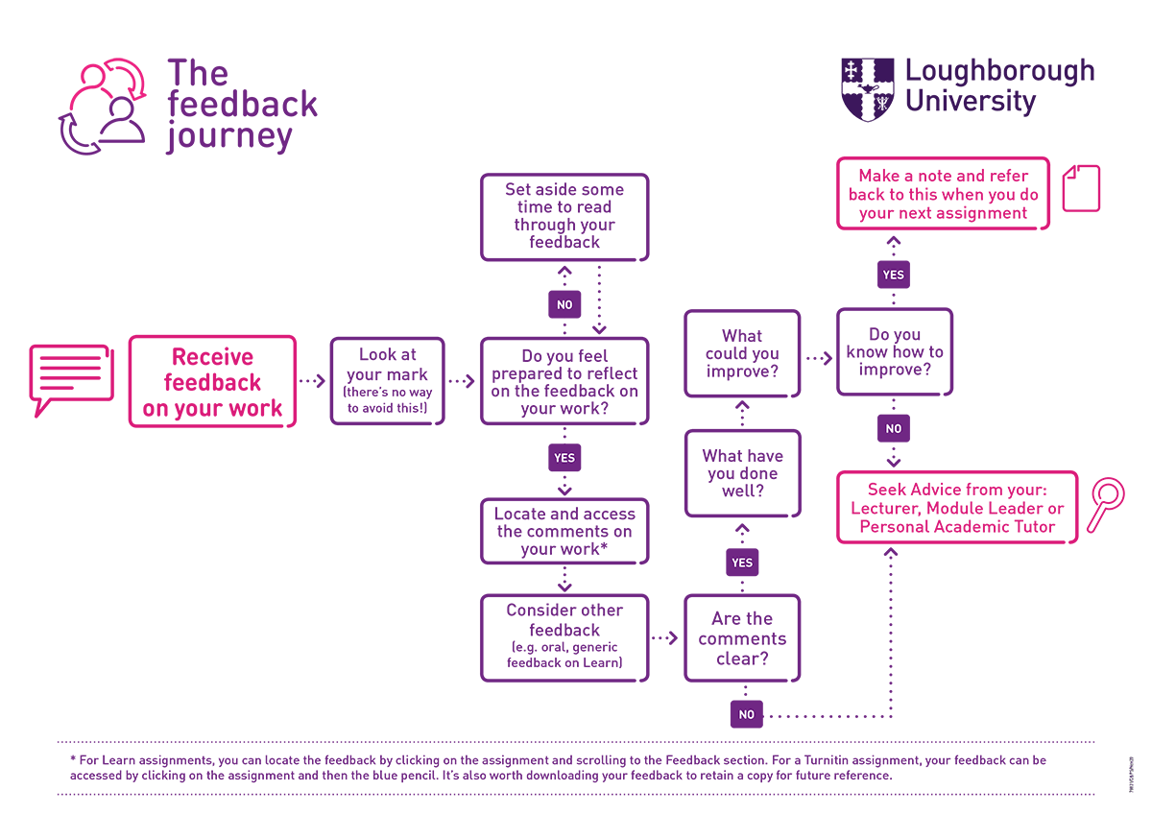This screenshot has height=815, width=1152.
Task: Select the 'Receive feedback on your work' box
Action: coord(212,382)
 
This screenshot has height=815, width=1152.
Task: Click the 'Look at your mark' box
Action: coord(387,381)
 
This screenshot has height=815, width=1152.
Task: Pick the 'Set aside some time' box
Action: coord(564,217)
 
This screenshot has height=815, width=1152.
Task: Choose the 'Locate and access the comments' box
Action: coord(564,531)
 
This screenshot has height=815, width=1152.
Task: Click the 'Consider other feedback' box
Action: coord(564,637)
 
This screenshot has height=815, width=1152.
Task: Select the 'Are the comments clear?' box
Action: coord(742,638)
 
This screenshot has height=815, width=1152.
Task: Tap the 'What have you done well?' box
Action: coord(742,473)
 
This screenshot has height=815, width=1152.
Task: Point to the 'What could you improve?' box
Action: coord(742,353)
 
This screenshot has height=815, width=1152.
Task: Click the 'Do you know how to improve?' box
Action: coord(894,351)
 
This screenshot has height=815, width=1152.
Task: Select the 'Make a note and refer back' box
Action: coord(943,194)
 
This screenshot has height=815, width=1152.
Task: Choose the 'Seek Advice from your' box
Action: coord(957,507)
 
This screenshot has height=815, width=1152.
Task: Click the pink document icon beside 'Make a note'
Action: coord(1082,188)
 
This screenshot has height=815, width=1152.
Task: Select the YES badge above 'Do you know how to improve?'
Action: coord(893,275)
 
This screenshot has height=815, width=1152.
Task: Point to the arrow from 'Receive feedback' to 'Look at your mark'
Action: coord(312,381)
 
